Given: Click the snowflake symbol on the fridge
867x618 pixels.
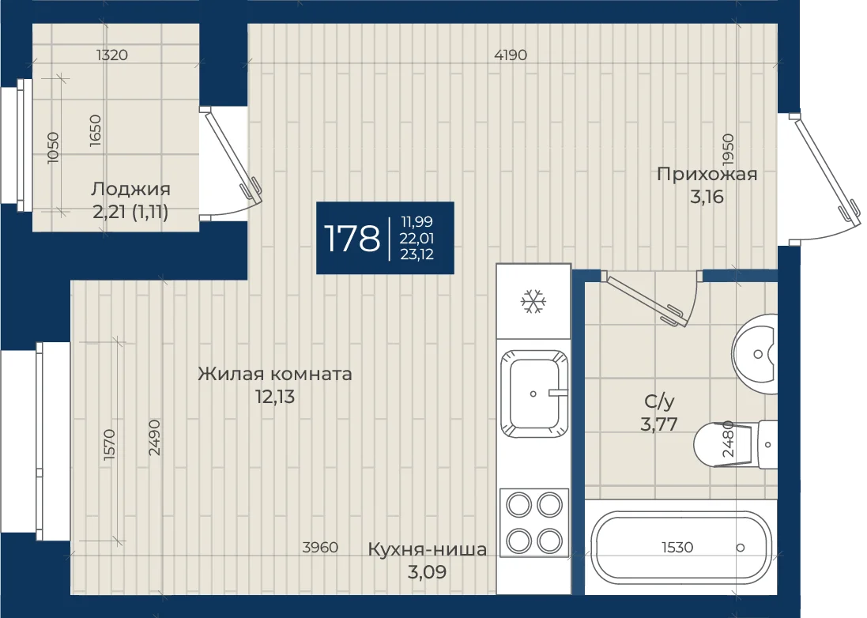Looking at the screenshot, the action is [x=533, y=301].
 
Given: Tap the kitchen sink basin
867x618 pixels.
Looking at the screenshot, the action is [x=534, y=394].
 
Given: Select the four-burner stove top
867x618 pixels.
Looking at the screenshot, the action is [x=534, y=522].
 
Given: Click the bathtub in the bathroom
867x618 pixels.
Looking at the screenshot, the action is [x=680, y=547].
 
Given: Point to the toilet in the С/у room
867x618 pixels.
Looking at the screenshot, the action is [x=735, y=444].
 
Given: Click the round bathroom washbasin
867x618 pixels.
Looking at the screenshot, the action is [x=756, y=354].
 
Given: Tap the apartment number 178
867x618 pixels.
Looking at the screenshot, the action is [x=352, y=238].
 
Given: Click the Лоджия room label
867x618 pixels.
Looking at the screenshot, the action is [x=130, y=189].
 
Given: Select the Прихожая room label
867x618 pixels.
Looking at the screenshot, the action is [x=707, y=174].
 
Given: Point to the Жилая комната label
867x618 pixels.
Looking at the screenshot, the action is [x=275, y=374].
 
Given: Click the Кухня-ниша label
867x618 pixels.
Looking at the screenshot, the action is [x=427, y=549].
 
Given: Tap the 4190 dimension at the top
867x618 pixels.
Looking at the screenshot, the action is [x=511, y=55].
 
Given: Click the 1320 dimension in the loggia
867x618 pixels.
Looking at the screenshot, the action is [x=111, y=55].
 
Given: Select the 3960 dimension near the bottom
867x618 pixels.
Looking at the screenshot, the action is [x=320, y=547].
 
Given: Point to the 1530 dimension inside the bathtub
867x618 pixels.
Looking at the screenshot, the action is [x=677, y=547].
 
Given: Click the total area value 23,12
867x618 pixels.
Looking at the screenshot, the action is [x=417, y=254].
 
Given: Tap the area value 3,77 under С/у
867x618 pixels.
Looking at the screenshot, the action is [x=659, y=424].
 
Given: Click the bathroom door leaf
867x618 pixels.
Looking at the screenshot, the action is [x=643, y=299].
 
